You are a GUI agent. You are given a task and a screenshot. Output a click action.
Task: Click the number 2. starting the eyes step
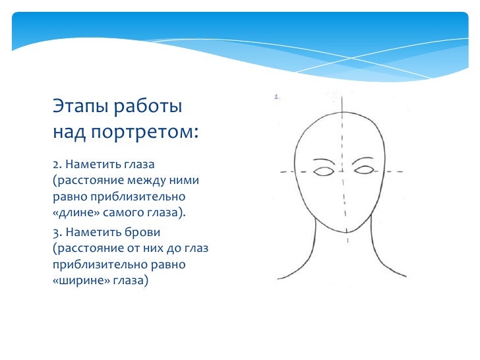tap(57, 162)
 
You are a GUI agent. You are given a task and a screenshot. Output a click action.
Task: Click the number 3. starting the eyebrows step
tap(57, 232)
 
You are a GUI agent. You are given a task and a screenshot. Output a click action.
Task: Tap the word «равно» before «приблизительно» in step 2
tap(69, 196)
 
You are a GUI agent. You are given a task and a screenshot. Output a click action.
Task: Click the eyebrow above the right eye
tap(364, 160)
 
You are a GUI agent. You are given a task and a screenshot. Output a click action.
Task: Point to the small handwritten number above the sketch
tap(277, 97)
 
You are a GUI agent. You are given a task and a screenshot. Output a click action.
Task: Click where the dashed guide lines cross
tap(344, 172)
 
